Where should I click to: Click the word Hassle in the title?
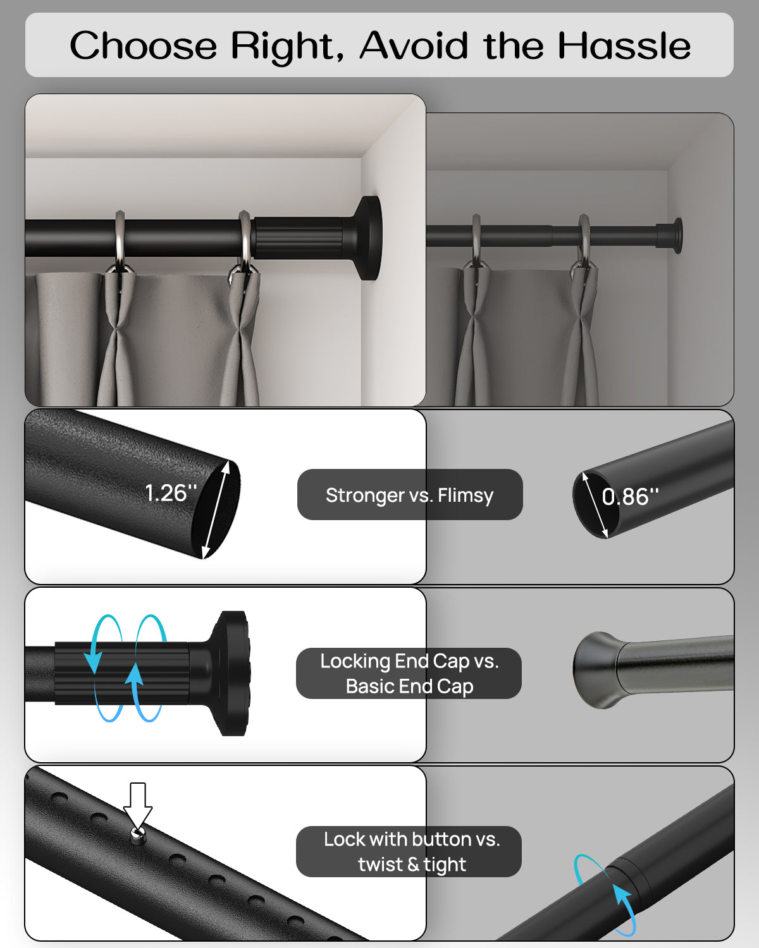[x=624, y=46]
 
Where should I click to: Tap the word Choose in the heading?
[x=144, y=46]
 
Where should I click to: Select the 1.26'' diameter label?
[x=171, y=492]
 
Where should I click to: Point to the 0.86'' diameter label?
[x=630, y=497]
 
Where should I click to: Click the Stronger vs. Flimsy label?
[x=410, y=495]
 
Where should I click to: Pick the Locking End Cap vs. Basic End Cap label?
[x=409, y=674]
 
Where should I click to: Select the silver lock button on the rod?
[x=138, y=834]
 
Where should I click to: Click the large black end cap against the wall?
[x=369, y=238]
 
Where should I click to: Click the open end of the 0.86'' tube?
[x=595, y=505]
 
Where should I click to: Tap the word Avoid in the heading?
[x=414, y=46]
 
